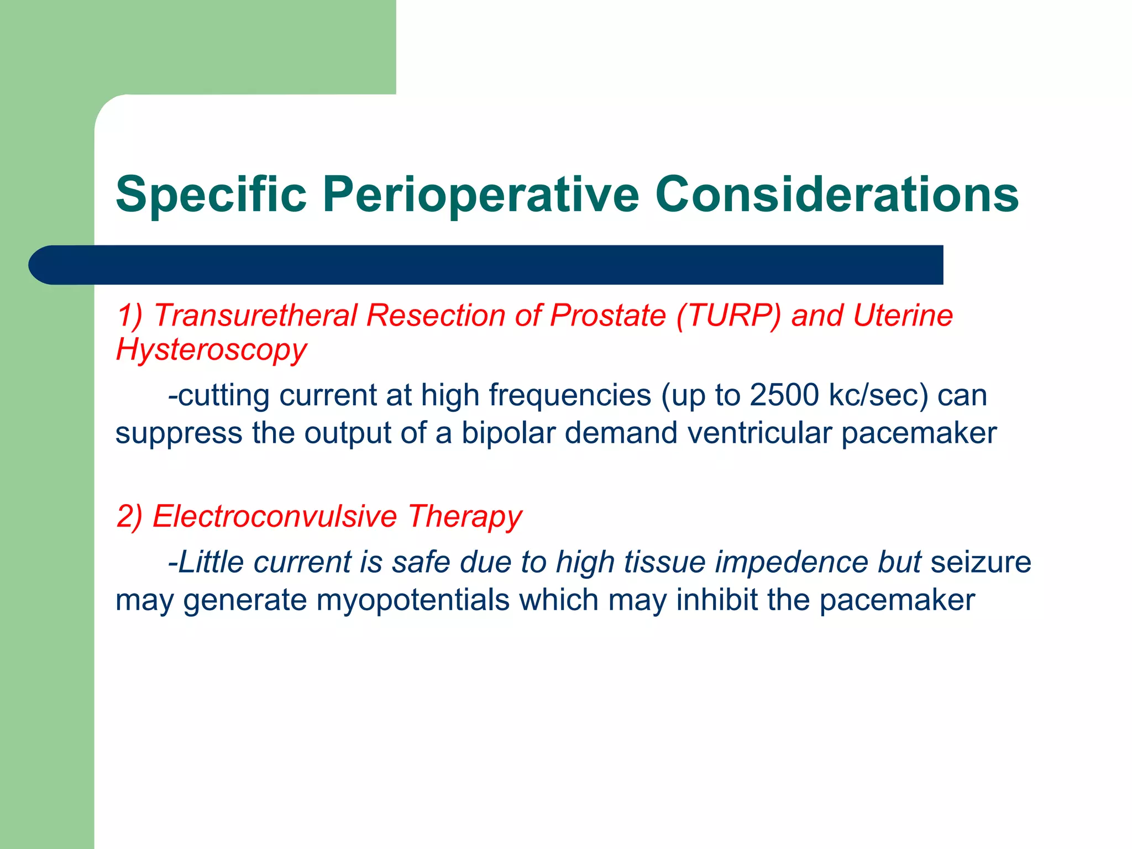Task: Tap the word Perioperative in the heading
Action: [x=481, y=195]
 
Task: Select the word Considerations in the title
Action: [x=837, y=195]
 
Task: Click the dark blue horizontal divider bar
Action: [x=486, y=265]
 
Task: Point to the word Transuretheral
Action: [x=255, y=316]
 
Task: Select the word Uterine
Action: [x=903, y=316]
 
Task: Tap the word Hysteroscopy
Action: [x=211, y=350]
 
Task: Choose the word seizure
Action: [x=981, y=562]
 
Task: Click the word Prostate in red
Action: [x=608, y=316]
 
